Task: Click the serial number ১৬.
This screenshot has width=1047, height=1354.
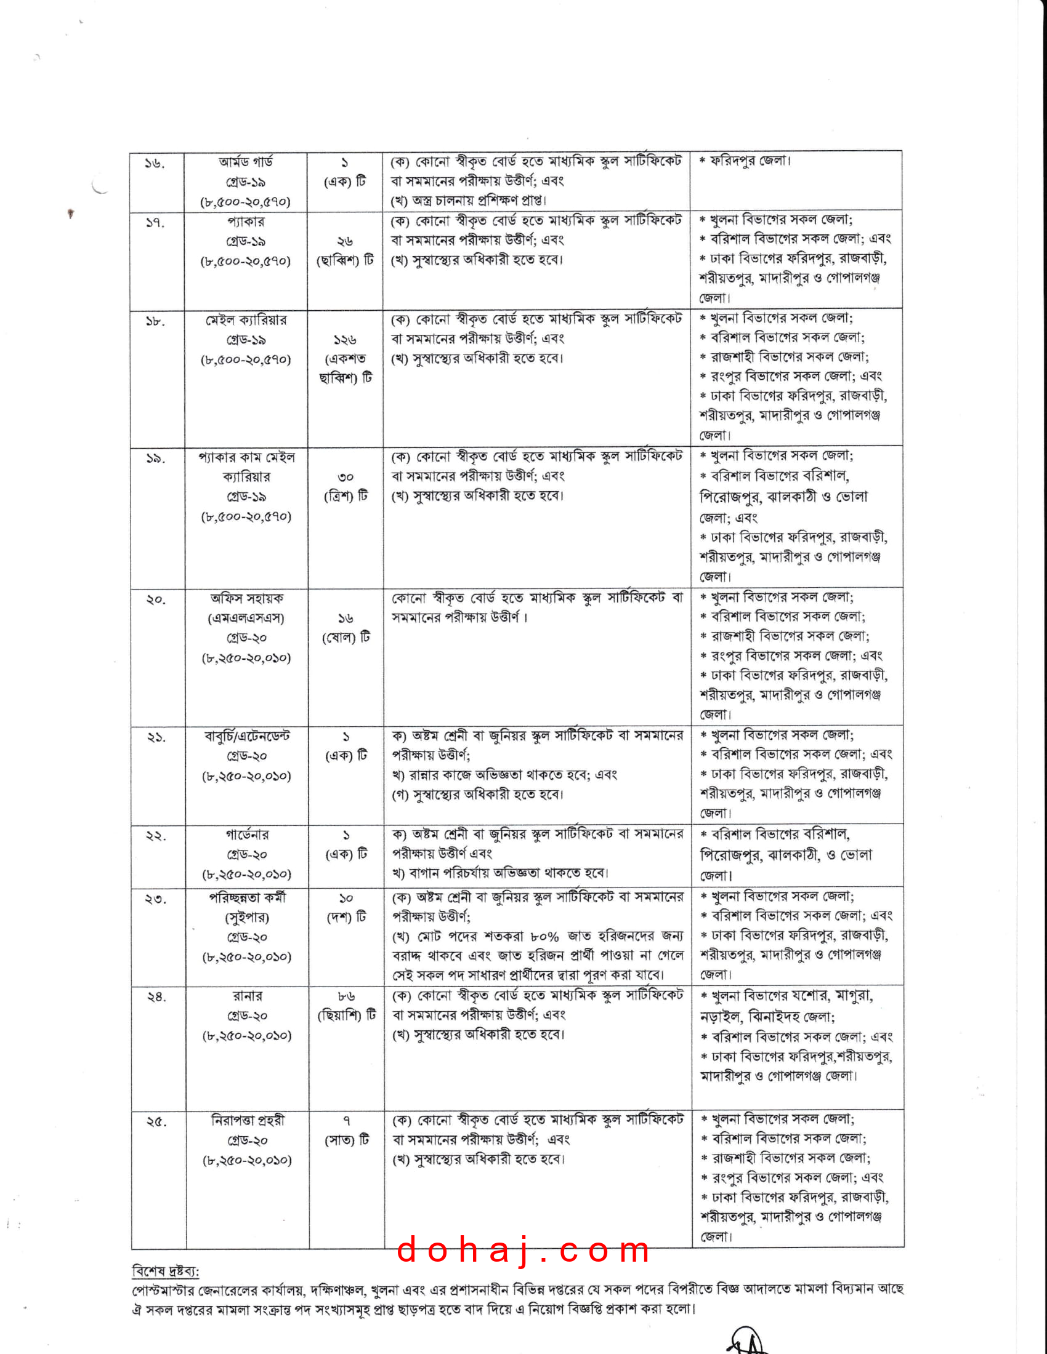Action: [155, 164]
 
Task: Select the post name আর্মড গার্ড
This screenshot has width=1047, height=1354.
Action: [246, 162]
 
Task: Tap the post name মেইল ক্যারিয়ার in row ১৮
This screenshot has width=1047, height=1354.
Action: [246, 321]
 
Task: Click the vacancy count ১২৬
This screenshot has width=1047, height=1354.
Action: [345, 340]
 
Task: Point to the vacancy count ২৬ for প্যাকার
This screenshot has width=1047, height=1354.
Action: [345, 241]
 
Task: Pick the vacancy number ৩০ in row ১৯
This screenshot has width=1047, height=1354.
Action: [346, 477]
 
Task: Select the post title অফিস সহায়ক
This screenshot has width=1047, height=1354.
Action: [247, 598]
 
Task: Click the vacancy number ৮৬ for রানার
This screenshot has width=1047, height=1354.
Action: [347, 996]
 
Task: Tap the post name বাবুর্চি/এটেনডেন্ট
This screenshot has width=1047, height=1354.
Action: [247, 737]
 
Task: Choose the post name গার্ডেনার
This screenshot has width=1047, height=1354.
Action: [247, 835]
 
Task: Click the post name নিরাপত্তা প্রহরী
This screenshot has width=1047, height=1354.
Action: [248, 1120]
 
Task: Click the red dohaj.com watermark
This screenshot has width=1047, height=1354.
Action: [523, 1250]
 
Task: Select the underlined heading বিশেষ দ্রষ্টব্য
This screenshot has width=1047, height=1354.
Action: [165, 1272]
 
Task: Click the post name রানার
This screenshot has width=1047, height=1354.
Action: [248, 996]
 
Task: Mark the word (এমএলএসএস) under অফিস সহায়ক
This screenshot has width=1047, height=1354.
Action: [246, 618]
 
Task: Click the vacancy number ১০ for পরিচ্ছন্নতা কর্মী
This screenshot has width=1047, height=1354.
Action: [346, 899]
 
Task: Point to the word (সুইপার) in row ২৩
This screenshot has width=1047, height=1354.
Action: [247, 918]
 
